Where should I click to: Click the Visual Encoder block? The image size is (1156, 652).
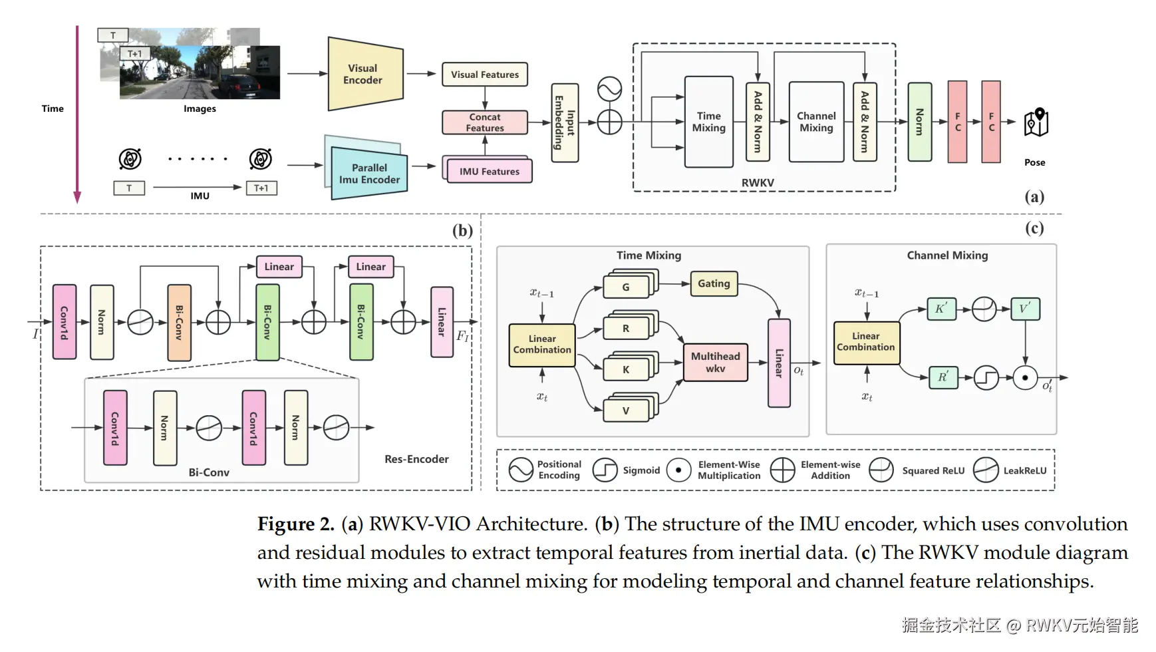pyautogui.click(x=365, y=74)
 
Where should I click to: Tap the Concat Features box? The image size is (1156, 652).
pyautogui.click(x=484, y=122)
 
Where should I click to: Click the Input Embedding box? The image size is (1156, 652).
pyautogui.click(x=565, y=123)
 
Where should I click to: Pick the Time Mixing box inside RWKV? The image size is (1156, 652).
pyautogui.click(x=708, y=122)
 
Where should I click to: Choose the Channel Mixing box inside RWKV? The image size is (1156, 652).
pyautogui.click(x=816, y=122)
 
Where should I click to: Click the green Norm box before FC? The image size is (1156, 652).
pyautogui.click(x=919, y=122)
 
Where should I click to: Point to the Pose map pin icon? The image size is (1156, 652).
pyautogui.click(x=1036, y=122)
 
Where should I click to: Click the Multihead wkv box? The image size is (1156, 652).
pyautogui.click(x=715, y=362)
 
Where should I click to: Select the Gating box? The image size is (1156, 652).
pyautogui.click(x=714, y=283)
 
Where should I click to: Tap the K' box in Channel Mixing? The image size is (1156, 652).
pyautogui.click(x=941, y=309)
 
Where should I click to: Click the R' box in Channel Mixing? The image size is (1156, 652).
pyautogui.click(x=942, y=377)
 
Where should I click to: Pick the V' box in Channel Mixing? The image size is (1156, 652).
pyautogui.click(x=1024, y=309)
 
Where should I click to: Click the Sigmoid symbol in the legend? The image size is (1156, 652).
pyautogui.click(x=605, y=470)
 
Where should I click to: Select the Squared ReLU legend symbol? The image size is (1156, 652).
pyautogui.click(x=881, y=470)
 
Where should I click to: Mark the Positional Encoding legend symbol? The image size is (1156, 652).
pyautogui.click(x=521, y=470)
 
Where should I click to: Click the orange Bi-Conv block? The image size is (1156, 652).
pyautogui.click(x=179, y=323)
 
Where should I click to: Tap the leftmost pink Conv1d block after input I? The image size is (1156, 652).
pyautogui.click(x=65, y=322)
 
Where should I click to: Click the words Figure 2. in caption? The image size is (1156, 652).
pyautogui.click(x=295, y=524)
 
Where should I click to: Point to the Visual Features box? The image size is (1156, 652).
pyautogui.click(x=484, y=75)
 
